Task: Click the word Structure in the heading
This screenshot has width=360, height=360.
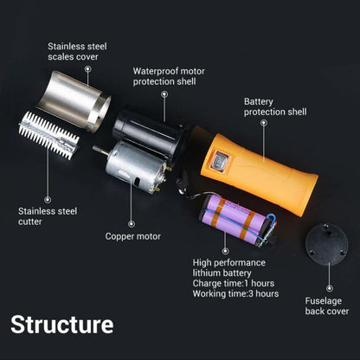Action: click(62, 325)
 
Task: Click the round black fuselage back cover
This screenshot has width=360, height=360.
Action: click(330, 247)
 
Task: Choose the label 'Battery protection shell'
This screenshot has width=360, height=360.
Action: click(274, 106)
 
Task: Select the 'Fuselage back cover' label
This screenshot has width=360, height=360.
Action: click(325, 305)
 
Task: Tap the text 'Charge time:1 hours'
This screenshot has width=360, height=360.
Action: click(235, 282)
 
